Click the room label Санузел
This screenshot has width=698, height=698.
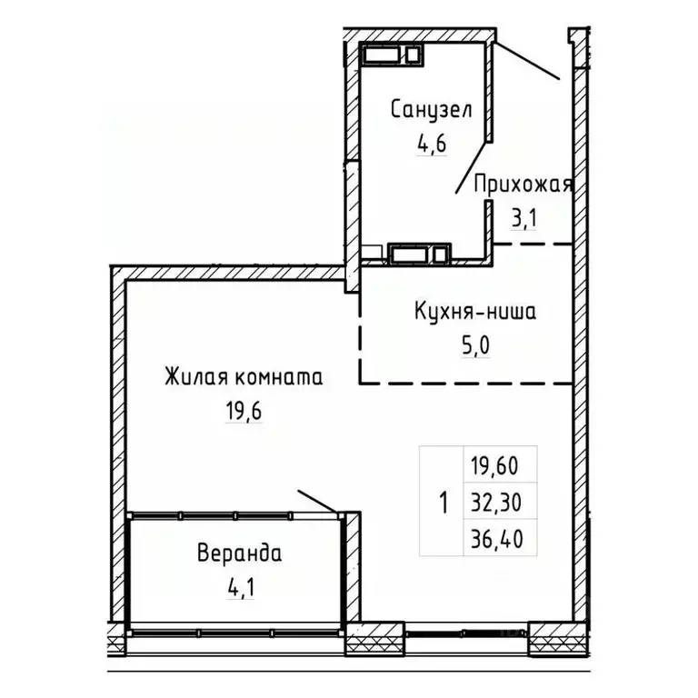(431, 111)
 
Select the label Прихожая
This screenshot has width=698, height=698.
(523, 185)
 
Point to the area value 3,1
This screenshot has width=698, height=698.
(525, 217)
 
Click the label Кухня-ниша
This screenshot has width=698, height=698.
(474, 313)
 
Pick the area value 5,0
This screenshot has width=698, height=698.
(475, 345)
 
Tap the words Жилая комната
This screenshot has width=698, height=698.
(243, 376)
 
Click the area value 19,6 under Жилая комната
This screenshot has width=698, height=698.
(243, 410)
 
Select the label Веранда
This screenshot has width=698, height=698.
(239, 553)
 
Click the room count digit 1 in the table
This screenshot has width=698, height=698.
(444, 501)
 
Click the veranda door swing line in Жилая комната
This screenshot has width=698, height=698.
(318, 501)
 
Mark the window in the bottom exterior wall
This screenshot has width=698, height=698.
(466, 630)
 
